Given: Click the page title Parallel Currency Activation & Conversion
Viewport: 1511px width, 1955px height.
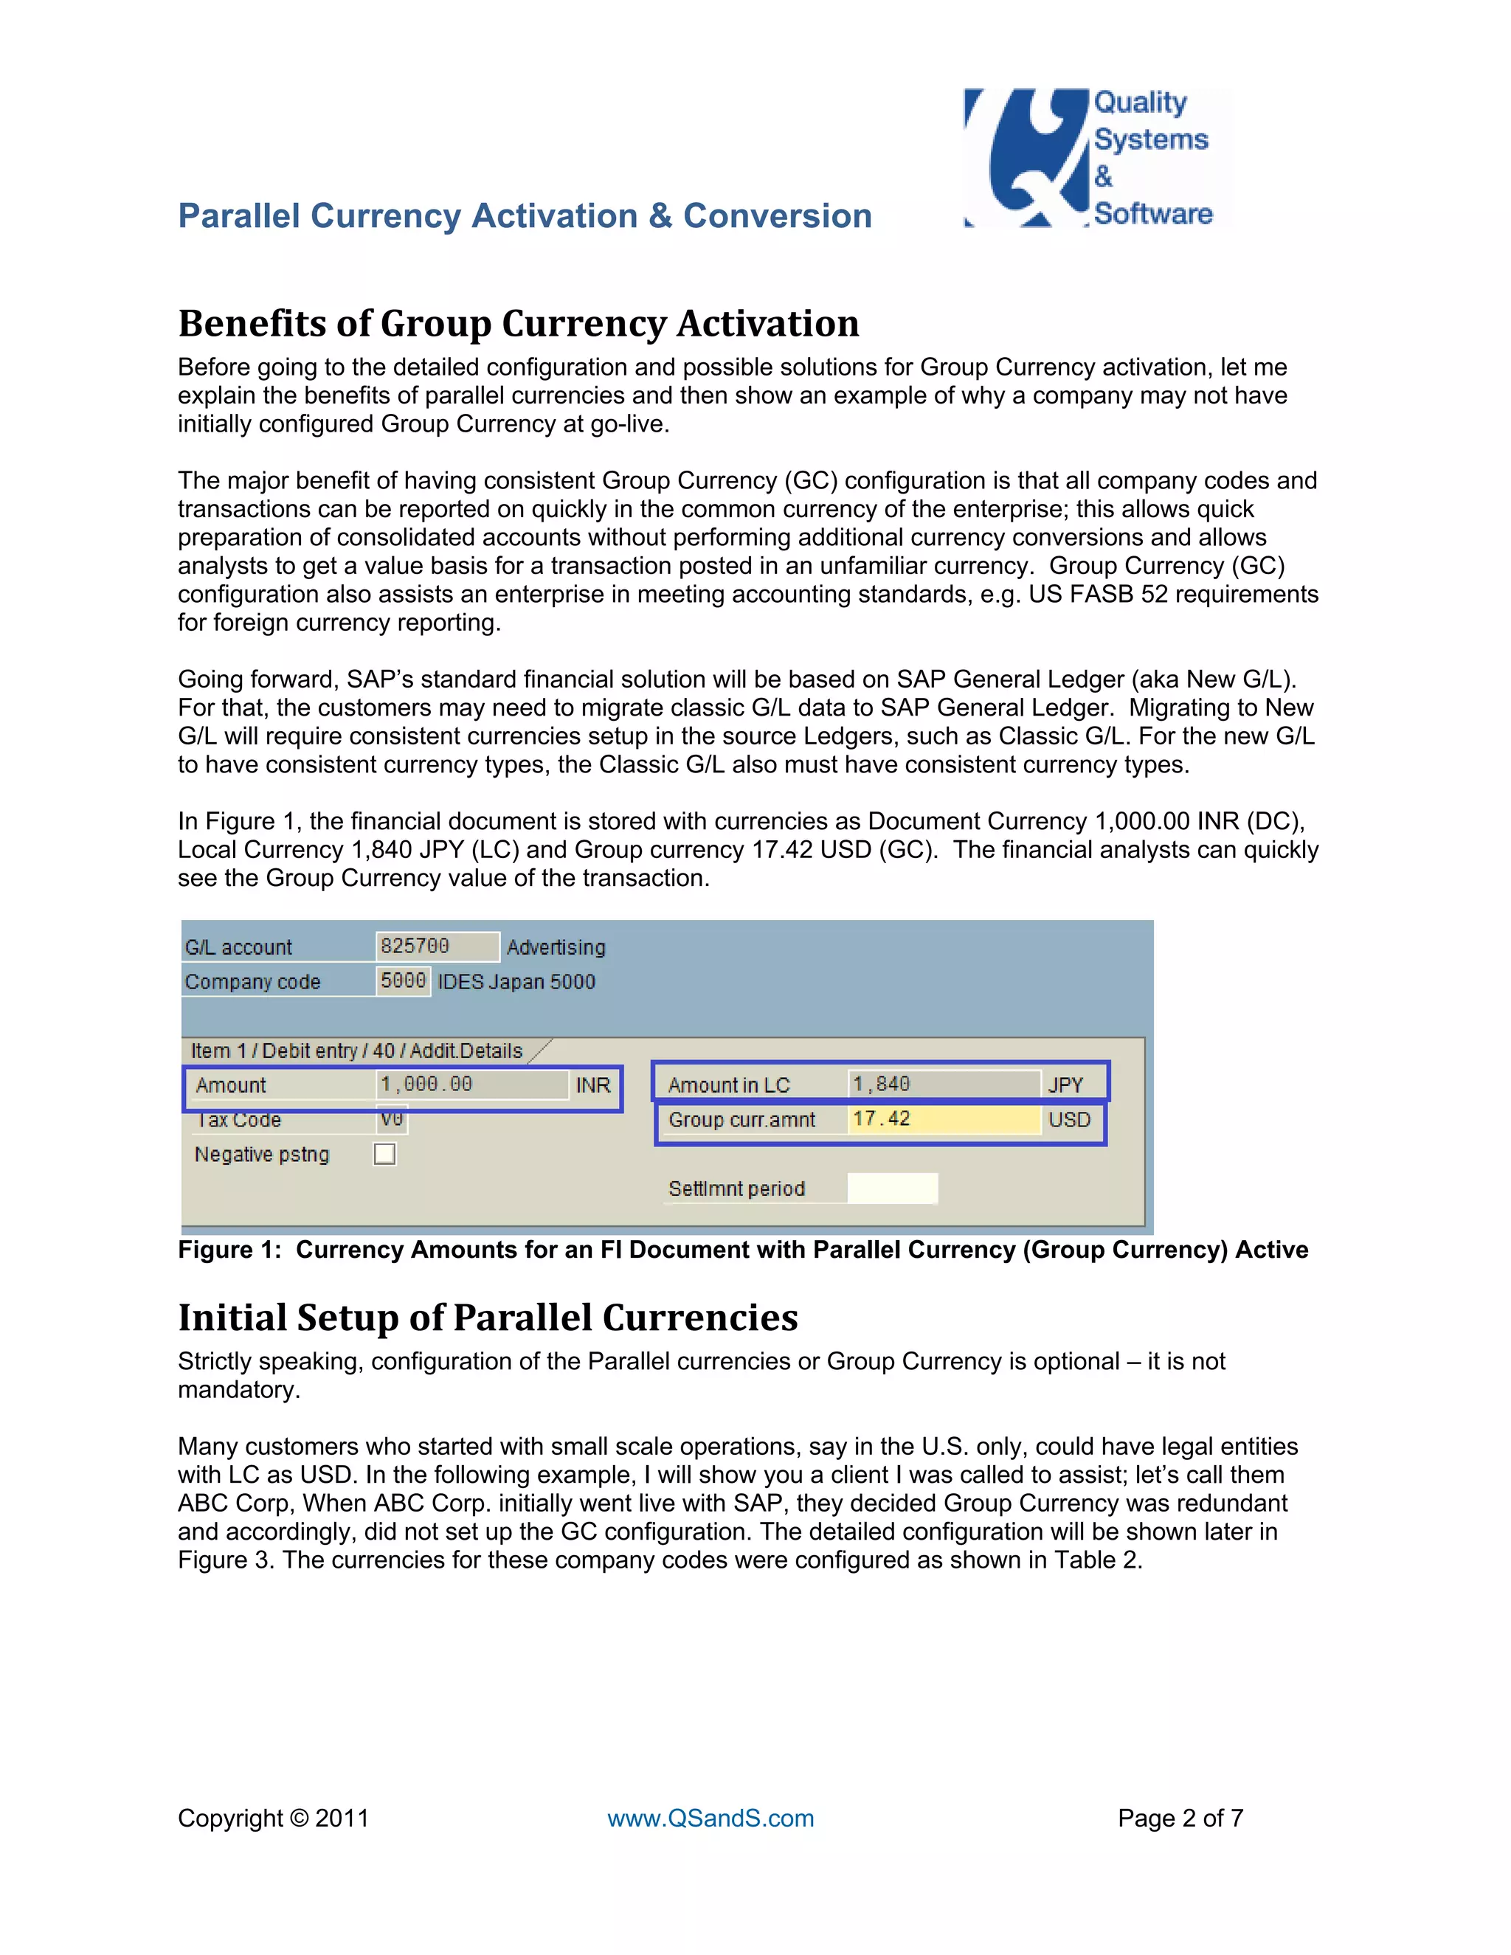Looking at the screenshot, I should (x=525, y=217).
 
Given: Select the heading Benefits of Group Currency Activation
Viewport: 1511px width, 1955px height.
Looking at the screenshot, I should (x=518, y=324).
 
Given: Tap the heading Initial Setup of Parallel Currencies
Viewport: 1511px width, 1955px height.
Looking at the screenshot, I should (x=488, y=1318).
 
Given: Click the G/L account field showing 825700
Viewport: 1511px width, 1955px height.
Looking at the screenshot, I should (x=436, y=947).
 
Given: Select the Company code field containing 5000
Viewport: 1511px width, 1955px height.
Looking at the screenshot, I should (x=403, y=981).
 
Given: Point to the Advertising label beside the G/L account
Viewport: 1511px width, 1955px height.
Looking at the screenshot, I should (x=556, y=947).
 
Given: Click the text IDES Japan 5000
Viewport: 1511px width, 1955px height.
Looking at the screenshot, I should (x=516, y=982).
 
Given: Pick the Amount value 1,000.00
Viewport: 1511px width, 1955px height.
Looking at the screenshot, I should (x=471, y=1085).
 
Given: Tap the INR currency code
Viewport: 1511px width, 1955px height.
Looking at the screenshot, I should (x=592, y=1086).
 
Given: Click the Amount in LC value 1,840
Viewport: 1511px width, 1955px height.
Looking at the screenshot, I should (x=943, y=1085).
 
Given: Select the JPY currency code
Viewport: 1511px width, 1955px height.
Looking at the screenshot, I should (x=1065, y=1086).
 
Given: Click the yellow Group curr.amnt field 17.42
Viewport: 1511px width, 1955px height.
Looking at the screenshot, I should (x=943, y=1120).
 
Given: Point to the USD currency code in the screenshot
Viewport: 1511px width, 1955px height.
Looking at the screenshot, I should (x=1069, y=1121).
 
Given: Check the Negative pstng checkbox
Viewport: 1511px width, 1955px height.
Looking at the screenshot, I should (x=385, y=1155).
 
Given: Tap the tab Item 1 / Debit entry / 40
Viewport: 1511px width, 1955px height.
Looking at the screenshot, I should (x=356, y=1051).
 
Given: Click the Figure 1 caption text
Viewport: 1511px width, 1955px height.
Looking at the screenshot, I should (x=743, y=1250).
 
